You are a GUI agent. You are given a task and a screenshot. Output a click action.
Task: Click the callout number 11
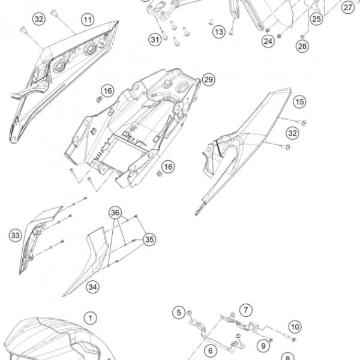click(x=88, y=20)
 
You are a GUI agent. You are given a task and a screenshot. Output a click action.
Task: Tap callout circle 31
click(x=155, y=40)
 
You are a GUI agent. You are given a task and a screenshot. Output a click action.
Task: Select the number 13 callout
click(x=219, y=32)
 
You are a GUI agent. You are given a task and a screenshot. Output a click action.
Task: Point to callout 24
click(x=268, y=41)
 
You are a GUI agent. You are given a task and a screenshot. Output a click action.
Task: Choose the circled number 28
click(x=302, y=46)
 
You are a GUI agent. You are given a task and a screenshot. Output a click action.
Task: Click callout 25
click(x=317, y=19)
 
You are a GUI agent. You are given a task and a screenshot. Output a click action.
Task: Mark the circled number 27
click(x=348, y=7)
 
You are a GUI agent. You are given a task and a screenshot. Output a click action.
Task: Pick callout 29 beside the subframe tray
click(x=208, y=80)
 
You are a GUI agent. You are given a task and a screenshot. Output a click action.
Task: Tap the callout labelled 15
click(x=299, y=101)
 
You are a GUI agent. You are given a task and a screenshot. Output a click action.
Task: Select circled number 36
click(x=115, y=212)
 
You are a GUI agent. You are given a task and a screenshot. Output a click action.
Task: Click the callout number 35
click(x=149, y=239)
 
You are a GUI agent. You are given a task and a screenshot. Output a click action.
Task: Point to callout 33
click(x=16, y=235)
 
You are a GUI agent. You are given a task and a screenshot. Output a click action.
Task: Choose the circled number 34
click(x=93, y=287)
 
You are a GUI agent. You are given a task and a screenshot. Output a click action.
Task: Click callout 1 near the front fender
click(x=91, y=318)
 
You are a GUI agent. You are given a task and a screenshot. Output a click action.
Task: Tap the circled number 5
click(x=179, y=313)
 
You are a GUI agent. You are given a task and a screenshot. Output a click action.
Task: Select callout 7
click(x=246, y=310)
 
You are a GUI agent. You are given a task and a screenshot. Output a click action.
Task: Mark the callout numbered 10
click(x=295, y=327)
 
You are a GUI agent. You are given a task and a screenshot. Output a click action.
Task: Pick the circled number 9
click(x=263, y=346)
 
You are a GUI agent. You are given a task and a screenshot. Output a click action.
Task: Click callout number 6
click(x=211, y=350)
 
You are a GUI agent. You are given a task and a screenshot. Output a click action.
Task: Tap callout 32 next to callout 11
click(x=39, y=19)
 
